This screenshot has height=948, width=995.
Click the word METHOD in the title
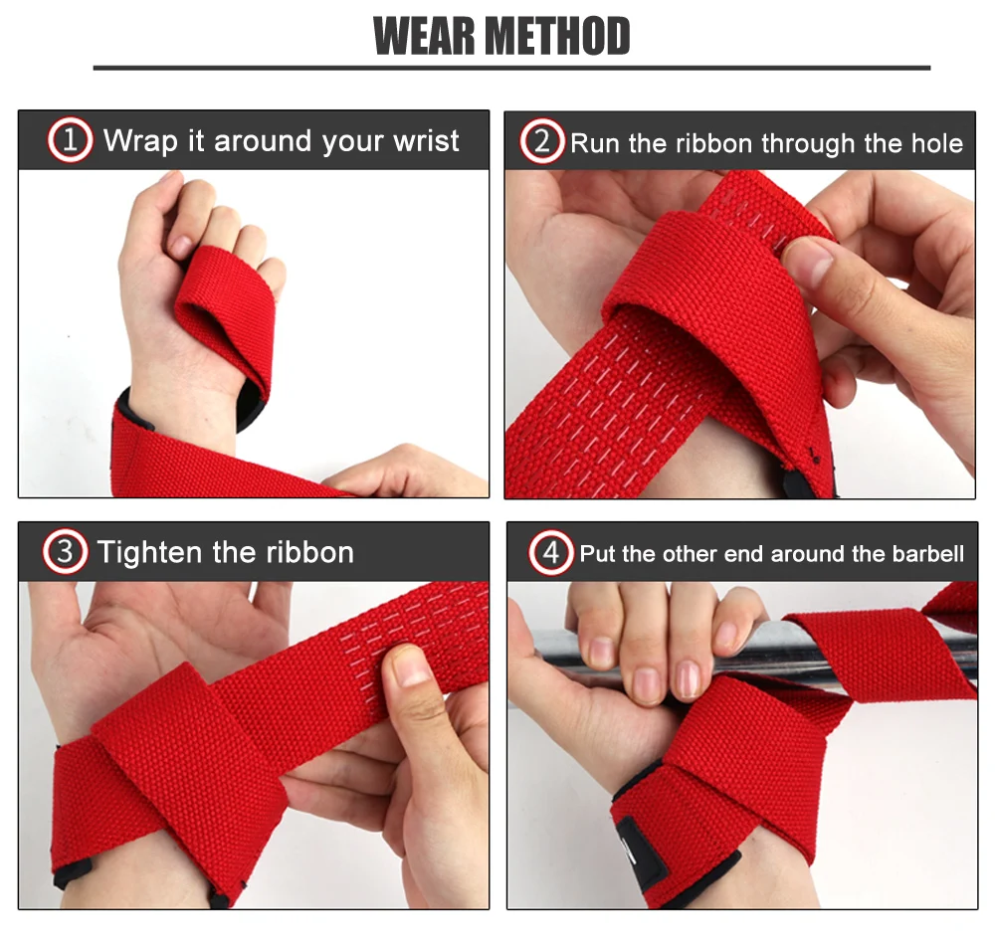[557, 36]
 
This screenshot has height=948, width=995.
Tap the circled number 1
[70, 141]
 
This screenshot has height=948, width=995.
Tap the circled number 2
[541, 143]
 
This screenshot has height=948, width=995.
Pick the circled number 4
[550, 553]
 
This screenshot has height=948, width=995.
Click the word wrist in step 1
[426, 141]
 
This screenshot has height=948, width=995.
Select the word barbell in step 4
[927, 554]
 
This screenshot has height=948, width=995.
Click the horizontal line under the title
[511, 68]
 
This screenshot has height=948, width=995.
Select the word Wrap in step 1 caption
[140, 141]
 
